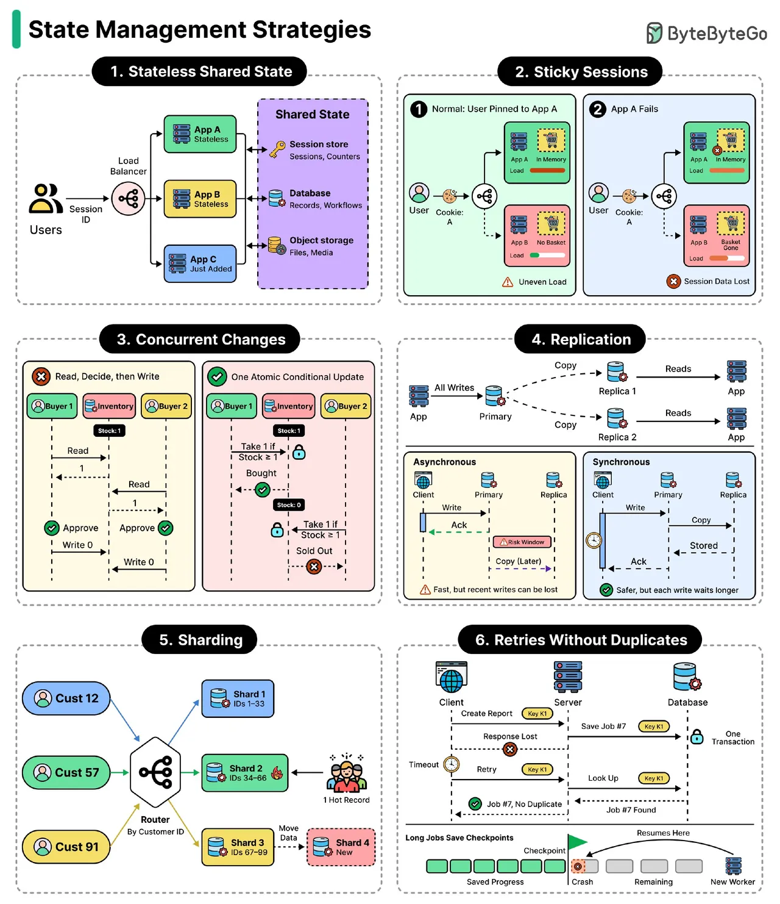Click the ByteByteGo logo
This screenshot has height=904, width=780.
[x=706, y=33]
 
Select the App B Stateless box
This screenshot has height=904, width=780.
[x=200, y=199]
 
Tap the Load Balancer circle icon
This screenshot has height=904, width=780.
[x=128, y=199]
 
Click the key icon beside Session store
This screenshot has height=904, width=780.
[x=277, y=149]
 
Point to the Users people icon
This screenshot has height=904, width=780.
[x=46, y=198]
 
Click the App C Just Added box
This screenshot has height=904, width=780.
[x=200, y=264]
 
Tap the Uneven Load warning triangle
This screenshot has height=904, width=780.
[x=508, y=282]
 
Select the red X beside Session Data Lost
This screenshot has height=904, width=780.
[x=673, y=281]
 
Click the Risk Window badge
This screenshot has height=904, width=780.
[x=522, y=542]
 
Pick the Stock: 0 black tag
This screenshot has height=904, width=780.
[x=289, y=504]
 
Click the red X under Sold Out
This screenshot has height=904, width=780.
[x=314, y=567]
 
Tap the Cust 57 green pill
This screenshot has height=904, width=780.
[x=66, y=772]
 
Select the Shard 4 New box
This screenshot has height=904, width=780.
[x=341, y=847]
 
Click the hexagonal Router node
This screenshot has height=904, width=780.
[x=155, y=772]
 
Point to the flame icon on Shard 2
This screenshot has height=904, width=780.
[x=277, y=773]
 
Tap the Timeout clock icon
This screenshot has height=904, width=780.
[x=451, y=764]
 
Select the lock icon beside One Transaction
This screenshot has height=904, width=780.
[x=697, y=737]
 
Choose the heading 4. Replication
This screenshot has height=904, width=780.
[x=580, y=339]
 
